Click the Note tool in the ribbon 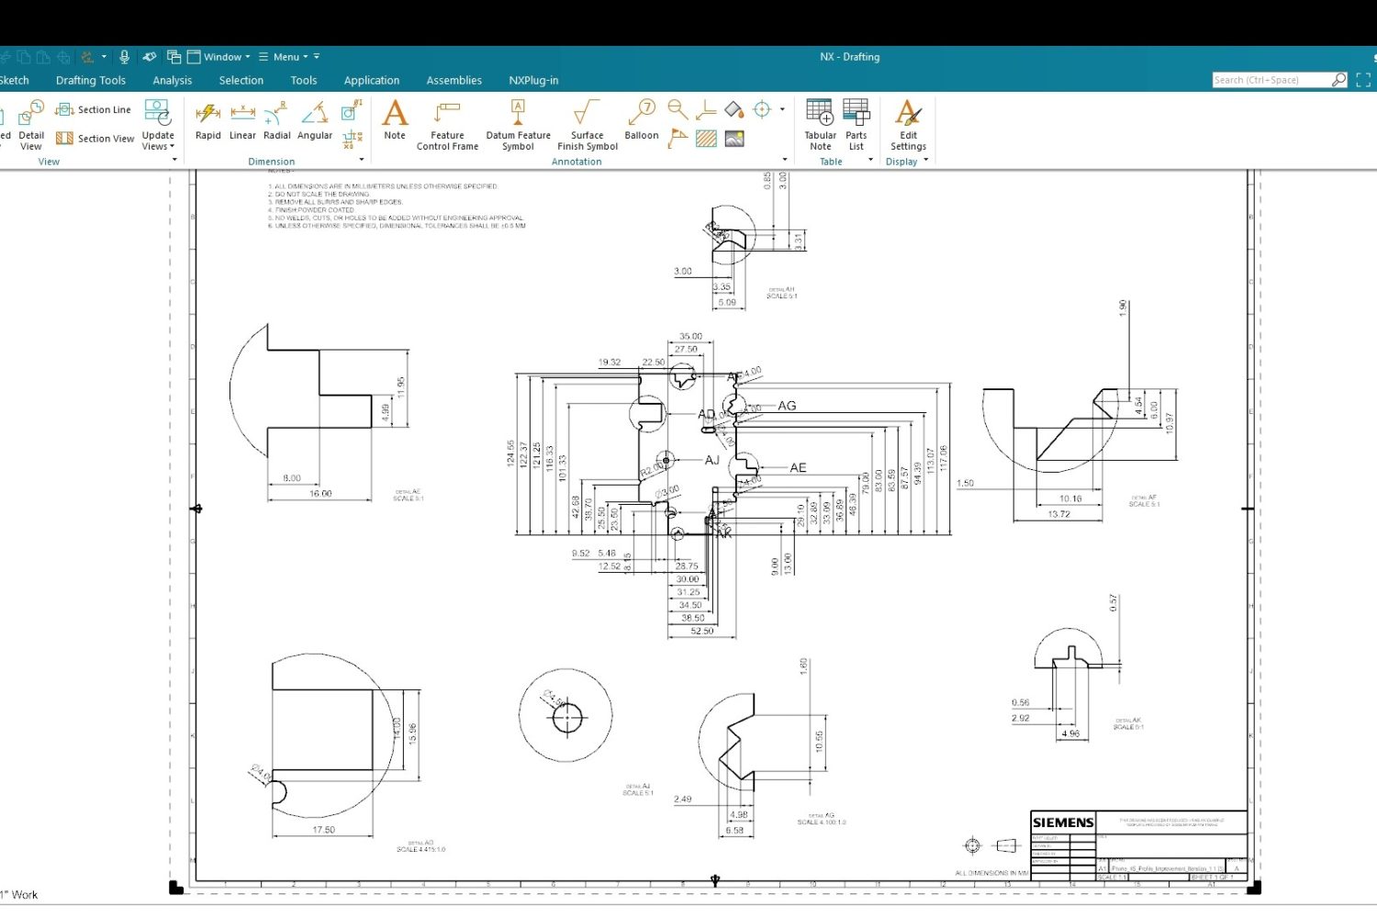(395, 119)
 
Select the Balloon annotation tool (641, 119)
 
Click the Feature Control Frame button (447, 124)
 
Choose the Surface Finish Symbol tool (587, 124)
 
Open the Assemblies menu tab (453, 81)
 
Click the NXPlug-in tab (533, 81)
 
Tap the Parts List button (856, 124)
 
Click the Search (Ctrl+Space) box (1271, 81)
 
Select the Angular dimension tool (315, 119)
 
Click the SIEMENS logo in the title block (1063, 823)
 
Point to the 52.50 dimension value (702, 632)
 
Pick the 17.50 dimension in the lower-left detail (323, 830)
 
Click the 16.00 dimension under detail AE (320, 494)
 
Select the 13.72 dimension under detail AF (1058, 514)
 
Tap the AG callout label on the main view (787, 406)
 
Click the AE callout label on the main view (798, 468)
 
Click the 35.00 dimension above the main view (690, 337)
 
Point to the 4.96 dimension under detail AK (1070, 733)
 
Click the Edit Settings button (908, 124)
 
